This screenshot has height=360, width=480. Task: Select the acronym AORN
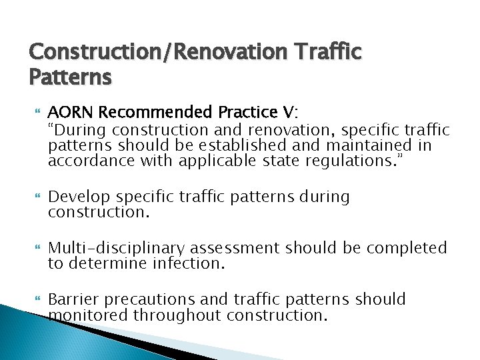click(69, 111)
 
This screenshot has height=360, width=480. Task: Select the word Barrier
click(72, 299)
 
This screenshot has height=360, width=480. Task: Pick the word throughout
click(177, 315)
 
